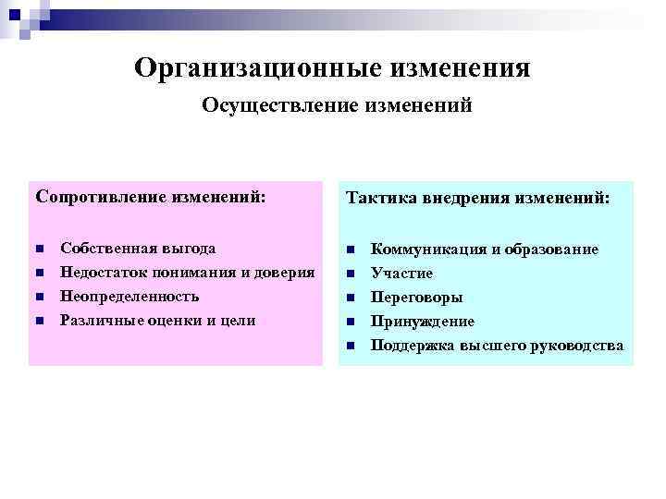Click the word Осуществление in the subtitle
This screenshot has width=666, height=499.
(264, 106)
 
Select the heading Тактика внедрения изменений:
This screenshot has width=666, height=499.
(477, 199)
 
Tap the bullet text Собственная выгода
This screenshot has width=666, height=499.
(138, 249)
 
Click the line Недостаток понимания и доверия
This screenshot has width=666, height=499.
(188, 273)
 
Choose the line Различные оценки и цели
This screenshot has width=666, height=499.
(157, 321)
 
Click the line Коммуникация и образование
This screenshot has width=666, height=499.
(484, 249)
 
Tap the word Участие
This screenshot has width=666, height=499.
(401, 274)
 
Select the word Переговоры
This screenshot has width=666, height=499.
(416, 298)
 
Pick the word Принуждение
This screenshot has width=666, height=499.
(422, 322)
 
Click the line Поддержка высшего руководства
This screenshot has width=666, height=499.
(497, 346)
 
